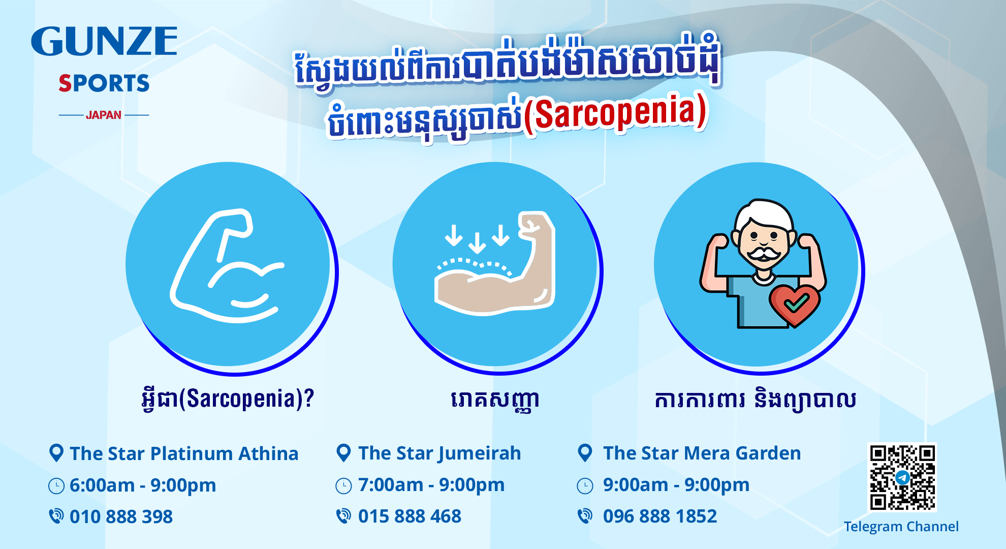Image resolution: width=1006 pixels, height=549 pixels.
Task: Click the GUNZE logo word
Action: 104,41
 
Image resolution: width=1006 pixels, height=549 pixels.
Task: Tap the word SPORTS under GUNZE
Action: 104,83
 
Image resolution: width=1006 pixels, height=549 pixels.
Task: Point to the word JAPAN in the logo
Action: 104,115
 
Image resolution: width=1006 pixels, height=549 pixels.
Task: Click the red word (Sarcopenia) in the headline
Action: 615,113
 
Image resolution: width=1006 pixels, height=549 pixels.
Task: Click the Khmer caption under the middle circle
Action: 495,401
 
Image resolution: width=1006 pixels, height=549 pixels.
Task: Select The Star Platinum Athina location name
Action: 184,453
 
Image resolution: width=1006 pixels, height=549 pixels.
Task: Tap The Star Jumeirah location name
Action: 439,453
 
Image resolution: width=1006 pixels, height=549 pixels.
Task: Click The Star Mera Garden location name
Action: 702,453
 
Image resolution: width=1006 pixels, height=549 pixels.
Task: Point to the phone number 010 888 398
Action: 121,516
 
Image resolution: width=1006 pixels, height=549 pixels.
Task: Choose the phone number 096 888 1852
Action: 659,516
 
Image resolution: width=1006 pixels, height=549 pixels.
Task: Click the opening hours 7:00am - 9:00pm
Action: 431,485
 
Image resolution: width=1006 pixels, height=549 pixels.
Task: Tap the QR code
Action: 902,477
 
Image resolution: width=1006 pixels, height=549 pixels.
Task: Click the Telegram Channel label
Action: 901,527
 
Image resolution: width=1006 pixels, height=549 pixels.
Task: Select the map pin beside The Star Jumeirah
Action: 343,453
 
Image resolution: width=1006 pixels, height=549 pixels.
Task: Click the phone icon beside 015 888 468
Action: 343,516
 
